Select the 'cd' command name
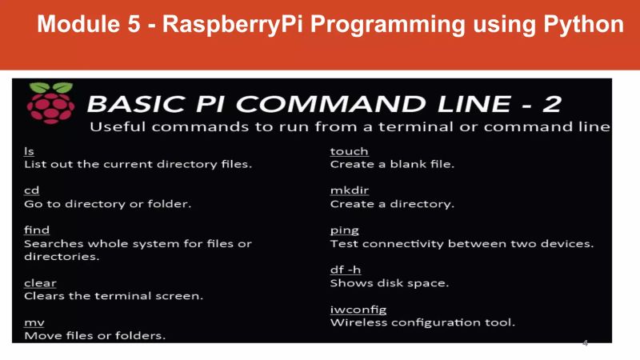click(31, 190)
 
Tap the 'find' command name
click(37, 230)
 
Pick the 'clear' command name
click(40, 282)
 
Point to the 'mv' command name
click(34, 322)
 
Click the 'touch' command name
click(349, 151)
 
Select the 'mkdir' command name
click(350, 190)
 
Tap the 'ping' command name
click(344, 230)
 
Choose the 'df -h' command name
click(346, 270)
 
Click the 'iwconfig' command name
click(358, 309)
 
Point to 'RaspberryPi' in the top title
click(232, 24)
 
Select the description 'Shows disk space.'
click(390, 283)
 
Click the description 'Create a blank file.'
click(392, 164)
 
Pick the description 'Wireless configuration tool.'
click(422, 322)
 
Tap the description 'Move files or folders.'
click(95, 335)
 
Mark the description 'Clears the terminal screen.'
click(114, 296)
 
